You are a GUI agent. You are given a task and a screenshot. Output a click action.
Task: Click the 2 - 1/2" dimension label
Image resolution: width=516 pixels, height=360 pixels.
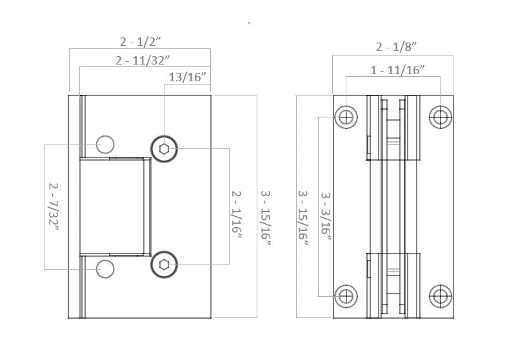click(x=141, y=42)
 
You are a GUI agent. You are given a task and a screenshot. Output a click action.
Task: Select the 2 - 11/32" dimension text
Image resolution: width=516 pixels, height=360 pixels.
click(x=143, y=61)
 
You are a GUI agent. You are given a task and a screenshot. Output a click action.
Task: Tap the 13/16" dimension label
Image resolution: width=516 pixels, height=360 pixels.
click(x=187, y=77)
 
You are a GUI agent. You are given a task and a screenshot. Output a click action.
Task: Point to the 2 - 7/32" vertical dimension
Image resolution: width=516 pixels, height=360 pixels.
click(x=54, y=208)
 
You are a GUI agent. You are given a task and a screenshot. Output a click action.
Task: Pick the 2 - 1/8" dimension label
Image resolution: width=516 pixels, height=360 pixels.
click(x=396, y=46)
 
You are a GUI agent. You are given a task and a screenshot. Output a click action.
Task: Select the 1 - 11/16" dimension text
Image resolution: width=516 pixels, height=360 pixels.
click(x=397, y=70)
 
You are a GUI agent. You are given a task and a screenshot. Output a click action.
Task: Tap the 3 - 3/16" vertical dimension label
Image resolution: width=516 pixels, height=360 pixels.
click(x=326, y=217)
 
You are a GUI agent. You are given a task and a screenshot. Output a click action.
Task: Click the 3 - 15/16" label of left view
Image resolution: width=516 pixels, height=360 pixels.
click(x=266, y=219)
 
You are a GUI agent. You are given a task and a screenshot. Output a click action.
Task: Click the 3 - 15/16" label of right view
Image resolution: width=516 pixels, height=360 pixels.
click(x=303, y=219)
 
